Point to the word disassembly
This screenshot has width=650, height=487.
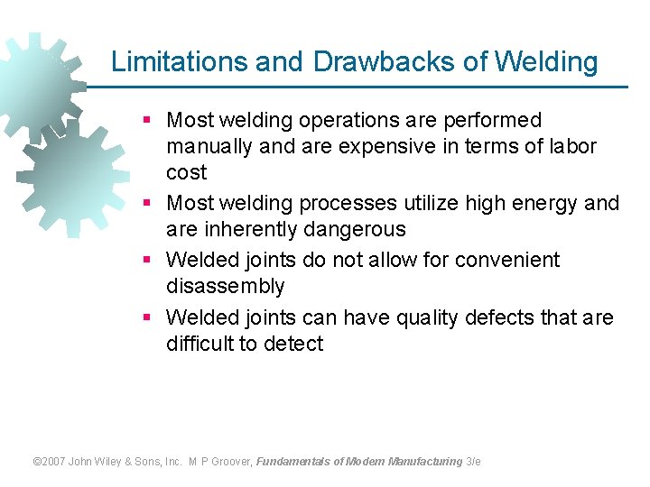(x=225, y=287)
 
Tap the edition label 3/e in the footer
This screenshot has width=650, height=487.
(x=473, y=462)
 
